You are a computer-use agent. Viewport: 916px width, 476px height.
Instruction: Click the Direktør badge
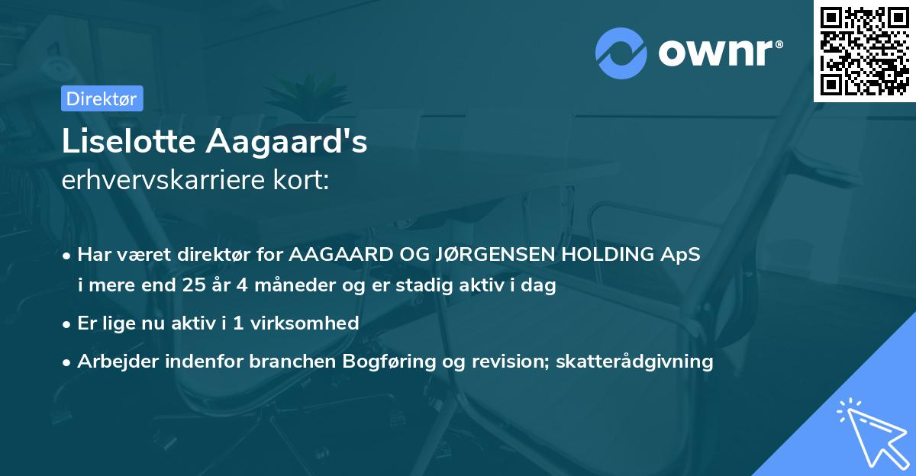[102, 98]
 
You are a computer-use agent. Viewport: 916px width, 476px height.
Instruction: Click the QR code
[865, 51]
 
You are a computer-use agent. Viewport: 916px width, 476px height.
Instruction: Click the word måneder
[271, 286]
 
